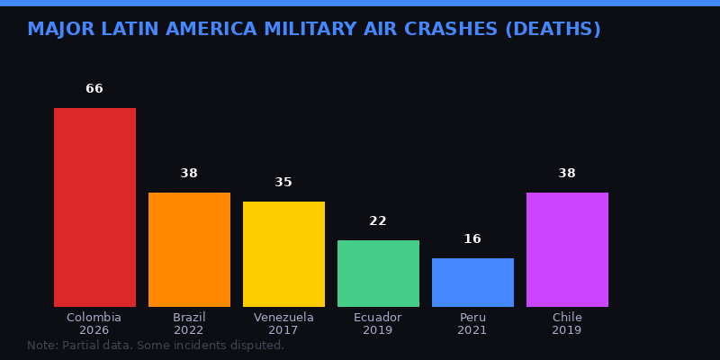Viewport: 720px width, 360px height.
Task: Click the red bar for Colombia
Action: click(94, 207)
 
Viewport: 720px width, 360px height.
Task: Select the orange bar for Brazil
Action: click(189, 249)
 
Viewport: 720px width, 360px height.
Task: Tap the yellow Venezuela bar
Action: click(283, 254)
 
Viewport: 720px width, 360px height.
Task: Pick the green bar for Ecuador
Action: click(378, 274)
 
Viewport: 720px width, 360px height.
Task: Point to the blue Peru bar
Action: click(472, 283)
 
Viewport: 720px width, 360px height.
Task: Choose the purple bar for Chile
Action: click(567, 249)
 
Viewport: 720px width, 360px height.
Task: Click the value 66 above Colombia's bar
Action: click(94, 89)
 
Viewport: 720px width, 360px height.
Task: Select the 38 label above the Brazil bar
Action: click(189, 174)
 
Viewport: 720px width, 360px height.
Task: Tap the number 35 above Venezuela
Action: click(283, 183)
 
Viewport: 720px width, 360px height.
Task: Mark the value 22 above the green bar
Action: click(378, 221)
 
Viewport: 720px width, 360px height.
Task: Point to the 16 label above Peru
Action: click(472, 239)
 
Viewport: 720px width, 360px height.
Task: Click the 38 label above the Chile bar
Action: click(567, 174)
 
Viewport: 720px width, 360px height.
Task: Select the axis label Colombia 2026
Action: click(94, 324)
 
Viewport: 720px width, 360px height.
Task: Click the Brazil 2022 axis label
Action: click(189, 324)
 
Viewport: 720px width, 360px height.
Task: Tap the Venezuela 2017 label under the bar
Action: click(283, 324)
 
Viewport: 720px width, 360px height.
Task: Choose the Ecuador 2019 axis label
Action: click(378, 324)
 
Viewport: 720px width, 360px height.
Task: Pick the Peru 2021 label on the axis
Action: click(472, 324)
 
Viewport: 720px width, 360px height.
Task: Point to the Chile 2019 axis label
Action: click(567, 324)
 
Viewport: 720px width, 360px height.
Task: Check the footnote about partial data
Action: click(156, 346)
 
